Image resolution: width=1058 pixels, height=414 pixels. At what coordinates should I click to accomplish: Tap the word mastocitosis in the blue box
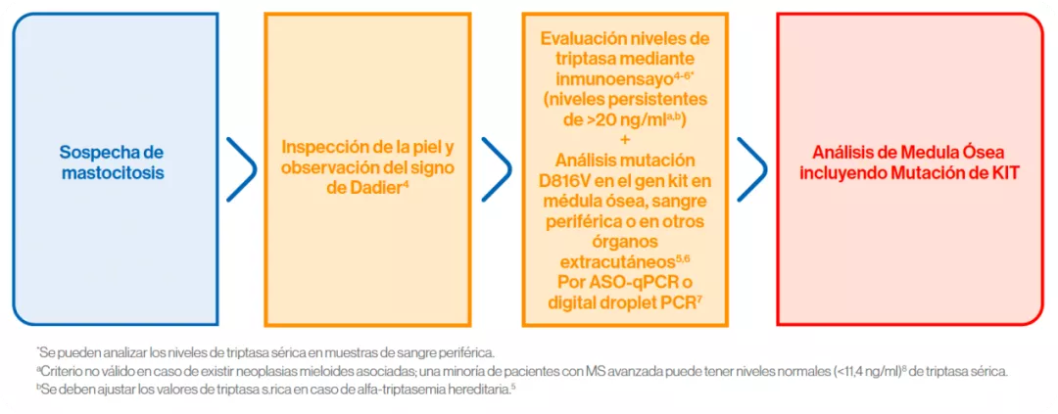(112, 173)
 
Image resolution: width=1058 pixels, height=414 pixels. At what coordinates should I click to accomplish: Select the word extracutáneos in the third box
(613, 261)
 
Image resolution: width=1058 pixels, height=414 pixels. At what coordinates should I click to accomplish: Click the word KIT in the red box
(1001, 173)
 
